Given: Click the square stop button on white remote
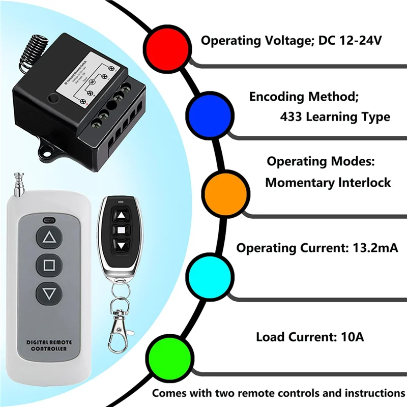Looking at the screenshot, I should [x=49, y=265].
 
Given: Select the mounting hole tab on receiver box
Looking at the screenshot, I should [x=49, y=151].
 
